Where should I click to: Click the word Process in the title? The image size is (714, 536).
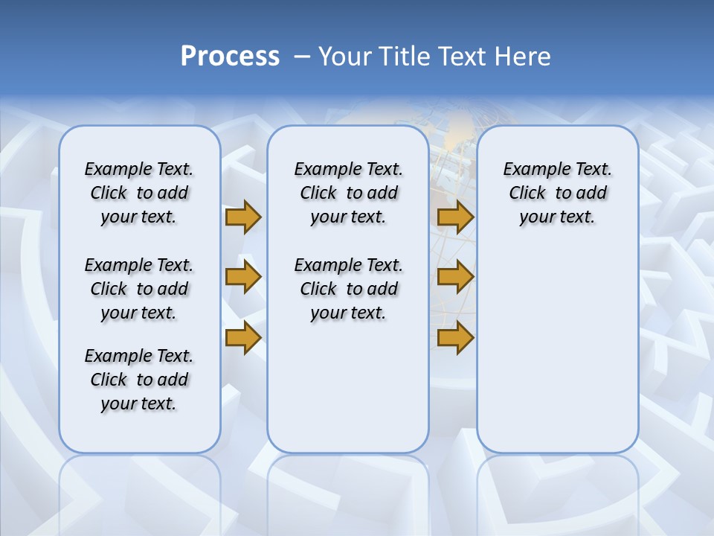tap(230, 56)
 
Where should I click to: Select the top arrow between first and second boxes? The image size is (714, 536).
tap(243, 217)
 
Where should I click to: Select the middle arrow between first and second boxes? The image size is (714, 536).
tap(243, 277)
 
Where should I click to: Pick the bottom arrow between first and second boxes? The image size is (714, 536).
tap(243, 338)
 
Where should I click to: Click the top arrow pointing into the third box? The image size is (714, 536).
tap(455, 217)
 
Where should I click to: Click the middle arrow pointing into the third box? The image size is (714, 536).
tap(455, 277)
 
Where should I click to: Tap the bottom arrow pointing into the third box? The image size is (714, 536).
tap(455, 338)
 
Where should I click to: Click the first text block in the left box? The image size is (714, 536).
tap(139, 193)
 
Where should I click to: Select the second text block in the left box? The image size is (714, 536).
tap(139, 289)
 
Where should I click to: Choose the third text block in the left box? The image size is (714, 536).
tap(139, 380)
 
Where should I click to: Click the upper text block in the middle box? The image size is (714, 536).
tap(348, 193)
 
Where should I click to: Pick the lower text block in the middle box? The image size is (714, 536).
tap(348, 289)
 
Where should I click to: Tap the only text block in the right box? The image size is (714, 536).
tap(557, 193)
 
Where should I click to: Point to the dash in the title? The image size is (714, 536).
tap(302, 57)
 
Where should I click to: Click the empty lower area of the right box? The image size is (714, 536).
tap(557, 350)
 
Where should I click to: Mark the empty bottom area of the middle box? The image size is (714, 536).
tap(348, 395)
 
